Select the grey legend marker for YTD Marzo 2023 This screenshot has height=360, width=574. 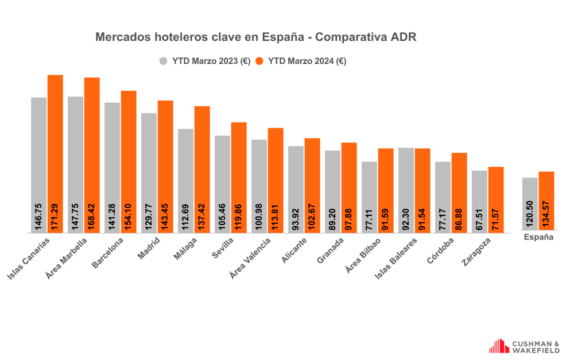[164, 61]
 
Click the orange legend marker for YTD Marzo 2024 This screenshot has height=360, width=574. [259, 61]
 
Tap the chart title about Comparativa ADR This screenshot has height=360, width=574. [255, 37]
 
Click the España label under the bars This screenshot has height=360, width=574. [538, 237]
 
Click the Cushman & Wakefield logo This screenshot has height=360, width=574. [523, 346]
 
